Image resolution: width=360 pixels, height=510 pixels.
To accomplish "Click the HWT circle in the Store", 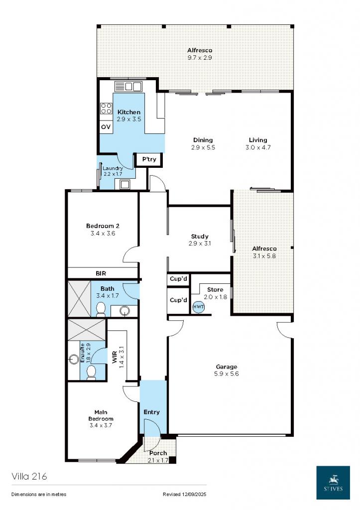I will pos(198,307).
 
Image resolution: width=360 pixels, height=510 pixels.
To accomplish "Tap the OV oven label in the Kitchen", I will pos(106,127).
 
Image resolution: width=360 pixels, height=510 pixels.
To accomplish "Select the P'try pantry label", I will pos(149,159).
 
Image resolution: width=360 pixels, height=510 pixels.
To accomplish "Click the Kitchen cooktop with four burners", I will pos(106,108).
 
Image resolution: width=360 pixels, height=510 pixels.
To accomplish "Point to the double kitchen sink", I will pos(128,86).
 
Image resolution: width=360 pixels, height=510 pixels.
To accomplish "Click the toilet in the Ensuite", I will pos(92,372).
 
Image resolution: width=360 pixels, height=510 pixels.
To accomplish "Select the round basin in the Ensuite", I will pos(76,359).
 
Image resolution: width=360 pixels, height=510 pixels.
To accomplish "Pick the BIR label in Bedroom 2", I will pos(101,273).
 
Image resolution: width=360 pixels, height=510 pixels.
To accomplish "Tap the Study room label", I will pos(200,237).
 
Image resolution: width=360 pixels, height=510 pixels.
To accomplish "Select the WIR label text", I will pos(115,358).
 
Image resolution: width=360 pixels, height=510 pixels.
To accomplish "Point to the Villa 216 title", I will pos(29,477).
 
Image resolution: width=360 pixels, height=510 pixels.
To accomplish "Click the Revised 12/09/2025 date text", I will pos(184,495).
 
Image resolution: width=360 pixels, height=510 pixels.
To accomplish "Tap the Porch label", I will pos(158,453).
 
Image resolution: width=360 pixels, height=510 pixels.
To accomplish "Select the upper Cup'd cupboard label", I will pos(178,279).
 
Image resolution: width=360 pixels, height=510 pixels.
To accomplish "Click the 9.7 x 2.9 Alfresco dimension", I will pos(200,58).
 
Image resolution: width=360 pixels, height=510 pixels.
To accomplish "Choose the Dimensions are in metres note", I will pos(39,495).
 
